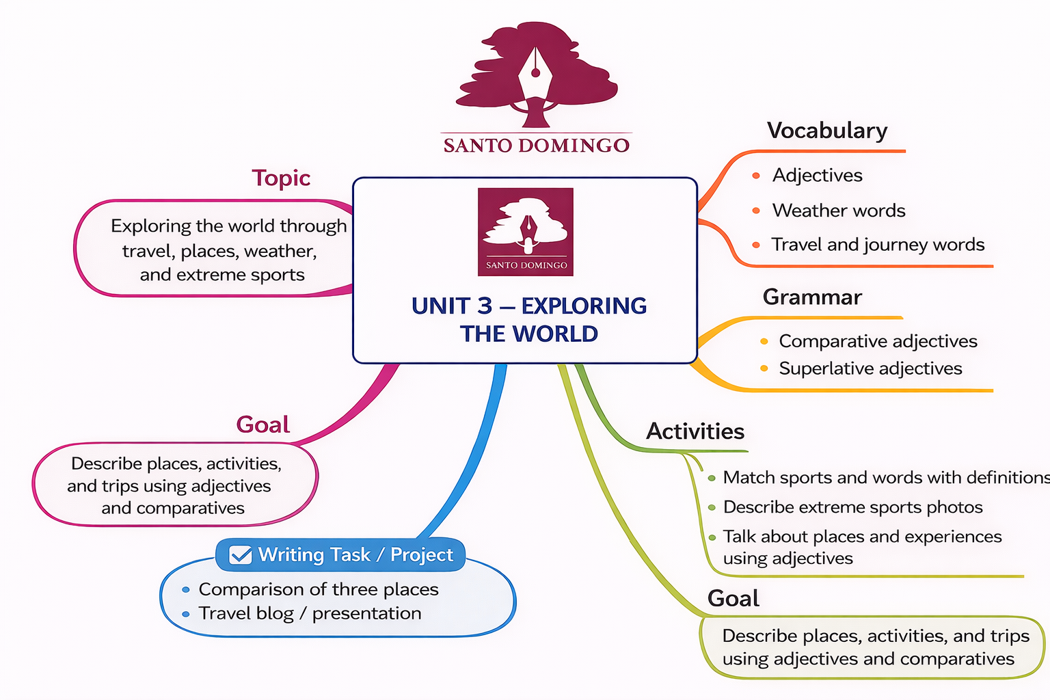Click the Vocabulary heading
pos(827,130)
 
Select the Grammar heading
pos(812,297)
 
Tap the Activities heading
pos(695,431)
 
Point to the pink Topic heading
pos(281,178)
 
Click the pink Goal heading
pos(263,425)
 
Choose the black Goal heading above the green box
pos(733,598)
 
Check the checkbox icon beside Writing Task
pos(241,554)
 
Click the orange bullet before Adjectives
pos(756,176)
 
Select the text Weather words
pos(839,211)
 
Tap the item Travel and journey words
pos(878,245)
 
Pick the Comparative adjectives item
pos(878,341)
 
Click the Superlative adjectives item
pos(870,368)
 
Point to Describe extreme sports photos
pos(852,507)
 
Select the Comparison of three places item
pos(319,589)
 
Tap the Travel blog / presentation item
pos(310,613)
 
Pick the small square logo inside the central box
pos(526,232)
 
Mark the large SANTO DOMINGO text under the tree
pos(537,146)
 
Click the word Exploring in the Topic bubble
pos(151,226)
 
